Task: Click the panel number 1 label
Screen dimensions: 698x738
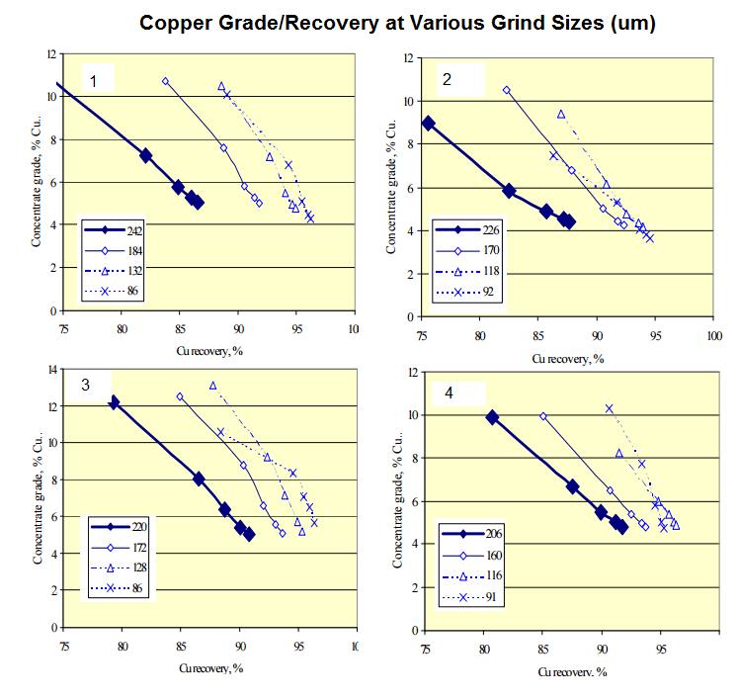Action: pyautogui.click(x=94, y=80)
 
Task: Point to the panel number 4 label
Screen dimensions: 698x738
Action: pyautogui.click(x=450, y=393)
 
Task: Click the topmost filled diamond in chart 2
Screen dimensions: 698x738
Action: pyautogui.click(x=428, y=124)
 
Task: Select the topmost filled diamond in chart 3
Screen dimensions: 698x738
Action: pyautogui.click(x=115, y=403)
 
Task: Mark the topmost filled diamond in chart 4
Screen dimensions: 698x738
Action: pyautogui.click(x=492, y=417)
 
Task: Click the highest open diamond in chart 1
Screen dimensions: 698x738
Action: pyautogui.click(x=165, y=81)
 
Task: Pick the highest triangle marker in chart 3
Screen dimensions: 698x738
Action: pyautogui.click(x=212, y=386)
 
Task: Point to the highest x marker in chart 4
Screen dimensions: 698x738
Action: pyautogui.click(x=610, y=407)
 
